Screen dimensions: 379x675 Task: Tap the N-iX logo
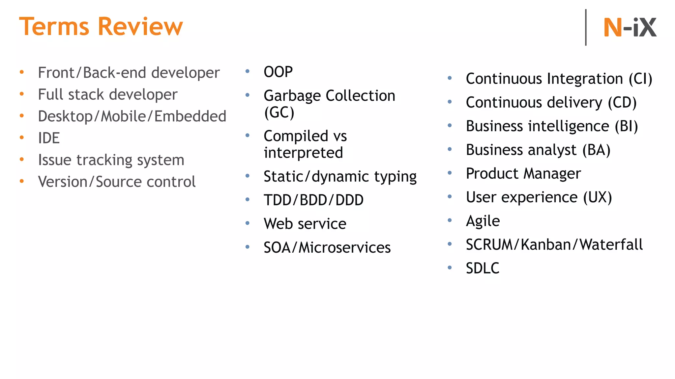630,28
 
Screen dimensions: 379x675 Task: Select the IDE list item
49,138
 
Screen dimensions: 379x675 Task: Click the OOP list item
278,72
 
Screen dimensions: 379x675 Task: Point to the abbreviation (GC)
279,113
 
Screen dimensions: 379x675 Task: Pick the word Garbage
292,96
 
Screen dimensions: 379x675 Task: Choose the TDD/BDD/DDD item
313,200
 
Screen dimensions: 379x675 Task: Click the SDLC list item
483,268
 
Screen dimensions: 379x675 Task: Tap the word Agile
483,221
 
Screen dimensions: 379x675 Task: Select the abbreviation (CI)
640,79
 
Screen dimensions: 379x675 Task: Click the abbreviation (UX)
598,197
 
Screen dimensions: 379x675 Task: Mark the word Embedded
190,116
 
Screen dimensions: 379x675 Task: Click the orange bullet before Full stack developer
22,94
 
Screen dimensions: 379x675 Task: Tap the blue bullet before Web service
248,223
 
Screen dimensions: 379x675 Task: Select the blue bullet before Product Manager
450,173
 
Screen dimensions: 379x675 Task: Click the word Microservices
344,248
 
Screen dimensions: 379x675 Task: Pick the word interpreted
303,153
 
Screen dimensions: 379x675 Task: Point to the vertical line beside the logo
586,27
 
